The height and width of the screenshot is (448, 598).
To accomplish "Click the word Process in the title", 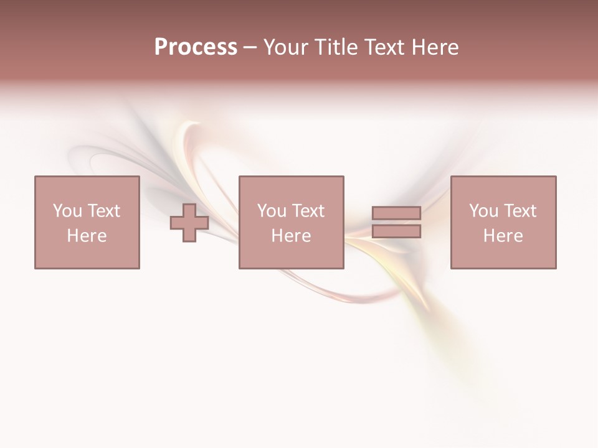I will (196, 47).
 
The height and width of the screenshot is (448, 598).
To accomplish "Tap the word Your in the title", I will (285, 47).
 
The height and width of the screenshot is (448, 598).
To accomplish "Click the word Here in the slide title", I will (435, 47).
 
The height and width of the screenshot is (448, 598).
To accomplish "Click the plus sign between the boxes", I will (189, 222).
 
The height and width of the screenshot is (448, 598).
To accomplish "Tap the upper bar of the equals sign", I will (396, 213).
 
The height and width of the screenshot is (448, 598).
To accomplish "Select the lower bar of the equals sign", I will (396, 231).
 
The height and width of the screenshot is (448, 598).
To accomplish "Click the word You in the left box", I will (67, 211).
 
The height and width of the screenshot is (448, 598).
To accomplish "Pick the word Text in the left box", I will (103, 211).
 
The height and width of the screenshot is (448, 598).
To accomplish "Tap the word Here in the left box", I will (87, 236).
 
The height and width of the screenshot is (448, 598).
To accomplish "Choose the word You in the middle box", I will (272, 211).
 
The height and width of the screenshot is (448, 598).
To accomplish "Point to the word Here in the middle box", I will (291, 236).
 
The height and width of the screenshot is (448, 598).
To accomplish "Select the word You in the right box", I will (483, 211).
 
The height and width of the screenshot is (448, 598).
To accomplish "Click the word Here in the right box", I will (503, 236).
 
